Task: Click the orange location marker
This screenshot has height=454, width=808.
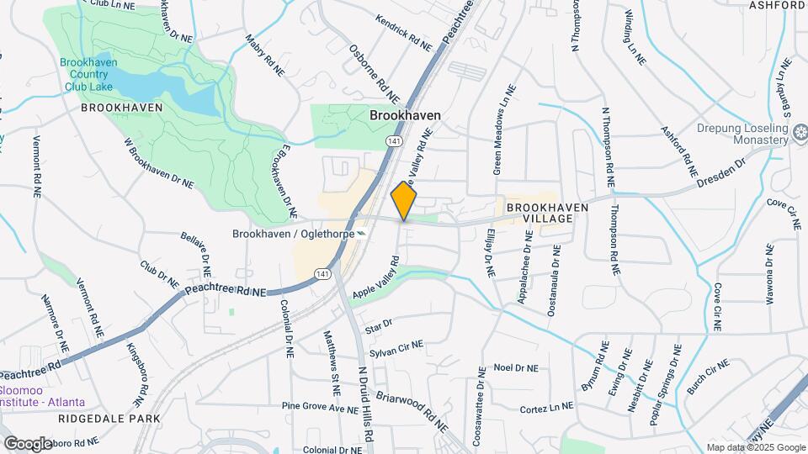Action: [404, 201]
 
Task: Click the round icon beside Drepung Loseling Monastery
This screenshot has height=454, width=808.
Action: [801, 132]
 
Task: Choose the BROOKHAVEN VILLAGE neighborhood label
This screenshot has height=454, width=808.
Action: [540, 212]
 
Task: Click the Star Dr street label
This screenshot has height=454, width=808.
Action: [379, 324]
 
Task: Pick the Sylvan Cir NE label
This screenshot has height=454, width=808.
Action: [396, 349]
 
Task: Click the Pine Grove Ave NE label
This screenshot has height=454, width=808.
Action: [321, 409]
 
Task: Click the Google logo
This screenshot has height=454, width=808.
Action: [28, 443]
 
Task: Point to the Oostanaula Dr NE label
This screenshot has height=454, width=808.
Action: [553, 281]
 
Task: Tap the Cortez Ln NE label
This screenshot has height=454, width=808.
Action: [546, 409]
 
